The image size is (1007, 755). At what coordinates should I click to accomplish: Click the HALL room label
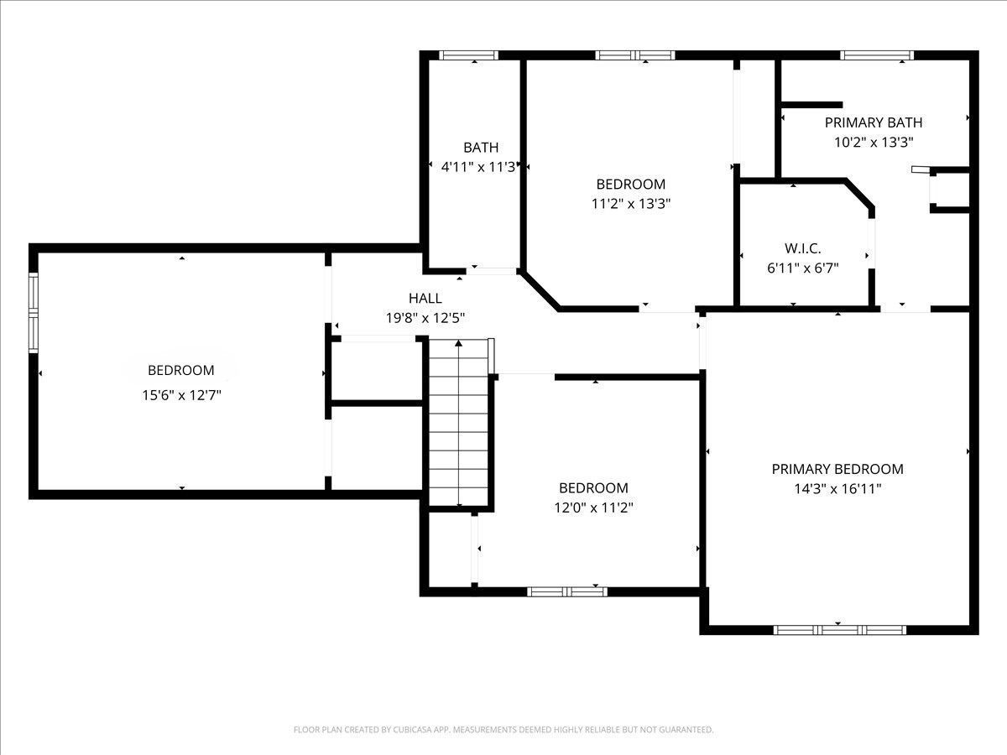[x=425, y=299]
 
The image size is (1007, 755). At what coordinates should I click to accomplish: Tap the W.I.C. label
[x=803, y=248]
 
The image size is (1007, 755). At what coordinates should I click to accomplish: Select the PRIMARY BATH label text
[x=874, y=122]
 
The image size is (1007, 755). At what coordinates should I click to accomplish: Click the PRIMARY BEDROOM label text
[x=837, y=470]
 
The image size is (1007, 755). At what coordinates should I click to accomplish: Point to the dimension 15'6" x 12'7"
[x=181, y=395]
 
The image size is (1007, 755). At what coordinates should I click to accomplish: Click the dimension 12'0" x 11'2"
[x=593, y=508]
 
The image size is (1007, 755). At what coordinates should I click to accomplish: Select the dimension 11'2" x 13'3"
[x=631, y=204]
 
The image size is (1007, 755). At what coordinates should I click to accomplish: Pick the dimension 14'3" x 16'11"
[x=837, y=489]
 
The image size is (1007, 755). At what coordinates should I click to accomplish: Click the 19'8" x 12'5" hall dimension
[x=425, y=318]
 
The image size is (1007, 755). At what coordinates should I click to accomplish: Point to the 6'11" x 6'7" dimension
[x=803, y=268]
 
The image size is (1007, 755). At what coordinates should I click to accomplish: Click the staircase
[x=459, y=423]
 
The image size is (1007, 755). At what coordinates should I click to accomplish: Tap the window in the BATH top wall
[x=468, y=55]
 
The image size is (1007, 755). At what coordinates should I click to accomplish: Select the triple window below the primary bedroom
[x=840, y=630]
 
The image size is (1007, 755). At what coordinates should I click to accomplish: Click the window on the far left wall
[x=34, y=313]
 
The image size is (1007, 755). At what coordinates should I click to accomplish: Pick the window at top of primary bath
[x=877, y=55]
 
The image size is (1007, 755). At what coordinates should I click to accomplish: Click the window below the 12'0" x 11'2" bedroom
[x=567, y=591]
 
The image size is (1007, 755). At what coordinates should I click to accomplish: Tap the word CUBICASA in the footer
[x=412, y=729]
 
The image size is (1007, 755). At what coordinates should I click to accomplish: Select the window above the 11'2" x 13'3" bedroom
[x=635, y=55]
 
